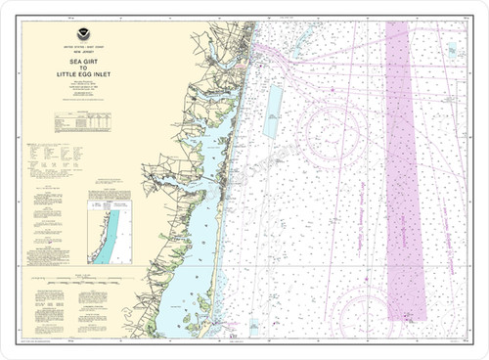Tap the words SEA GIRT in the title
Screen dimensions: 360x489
click(x=81, y=61)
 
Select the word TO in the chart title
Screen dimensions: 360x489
click(x=81, y=68)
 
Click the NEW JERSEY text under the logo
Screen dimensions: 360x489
click(x=81, y=55)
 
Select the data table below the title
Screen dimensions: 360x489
click(x=82, y=122)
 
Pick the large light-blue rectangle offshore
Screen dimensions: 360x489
click(x=272, y=111)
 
